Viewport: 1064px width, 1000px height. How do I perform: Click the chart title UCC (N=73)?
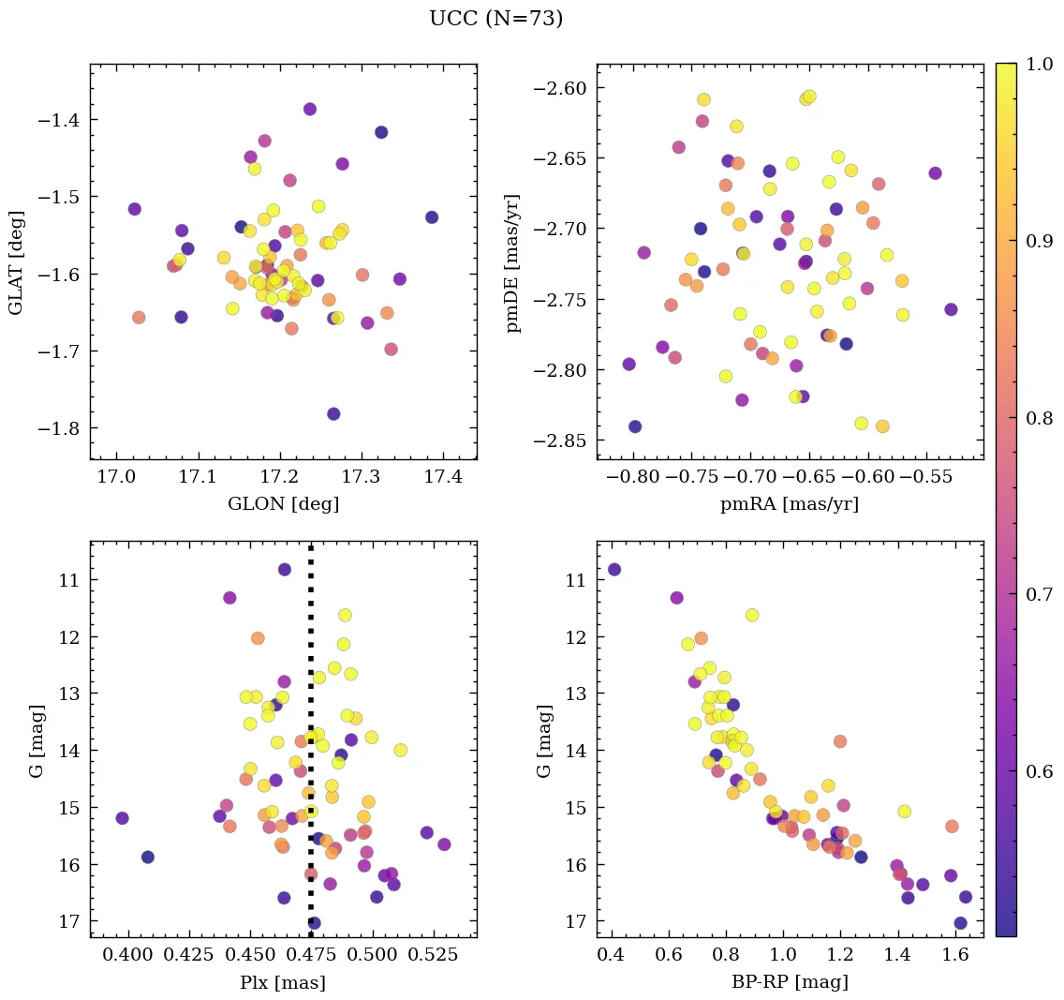[x=495, y=19]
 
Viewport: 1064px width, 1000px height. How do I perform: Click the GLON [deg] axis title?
[x=283, y=504]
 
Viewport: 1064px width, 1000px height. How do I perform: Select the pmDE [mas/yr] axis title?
[x=513, y=262]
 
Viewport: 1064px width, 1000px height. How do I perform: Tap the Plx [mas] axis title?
[x=283, y=982]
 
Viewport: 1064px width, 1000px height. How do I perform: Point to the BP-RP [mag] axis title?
[x=790, y=982]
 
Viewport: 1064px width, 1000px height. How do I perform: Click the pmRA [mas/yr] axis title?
[x=790, y=504]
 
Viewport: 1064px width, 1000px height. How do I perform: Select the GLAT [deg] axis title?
[x=16, y=262]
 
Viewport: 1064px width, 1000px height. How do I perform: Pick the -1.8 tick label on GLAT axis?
[x=62, y=428]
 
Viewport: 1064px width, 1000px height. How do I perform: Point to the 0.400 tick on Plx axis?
[x=127, y=955]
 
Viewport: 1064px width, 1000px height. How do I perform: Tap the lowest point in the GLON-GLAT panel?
[x=333, y=414]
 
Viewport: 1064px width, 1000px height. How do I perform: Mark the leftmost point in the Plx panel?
[x=122, y=818]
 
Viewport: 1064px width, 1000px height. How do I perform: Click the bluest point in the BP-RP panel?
[x=614, y=570]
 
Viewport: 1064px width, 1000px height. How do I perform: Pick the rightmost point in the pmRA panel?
[x=951, y=309]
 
